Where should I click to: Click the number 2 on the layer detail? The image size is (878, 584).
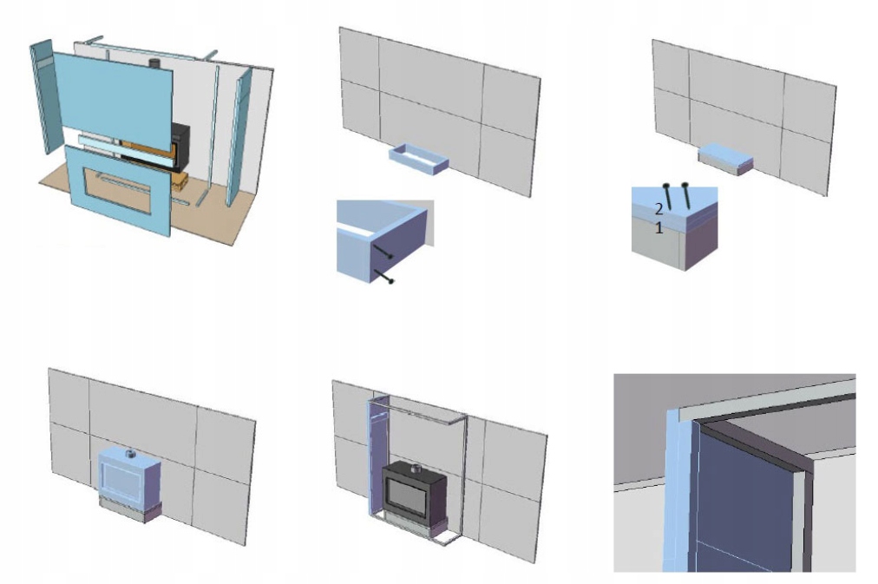[659, 209]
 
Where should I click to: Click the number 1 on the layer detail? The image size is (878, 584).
[659, 228]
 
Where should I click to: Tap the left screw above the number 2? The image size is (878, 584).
[667, 196]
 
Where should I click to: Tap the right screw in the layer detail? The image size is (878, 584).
[685, 195]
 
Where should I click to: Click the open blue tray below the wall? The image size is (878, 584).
[419, 157]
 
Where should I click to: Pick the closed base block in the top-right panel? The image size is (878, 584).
[725, 159]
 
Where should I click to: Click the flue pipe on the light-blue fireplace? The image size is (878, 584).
[130, 453]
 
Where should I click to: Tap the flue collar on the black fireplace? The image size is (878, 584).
[416, 469]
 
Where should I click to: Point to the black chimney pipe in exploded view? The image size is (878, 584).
[154, 63]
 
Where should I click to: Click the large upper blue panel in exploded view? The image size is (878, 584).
[112, 95]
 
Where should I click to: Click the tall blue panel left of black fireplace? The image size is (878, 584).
[375, 456]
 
